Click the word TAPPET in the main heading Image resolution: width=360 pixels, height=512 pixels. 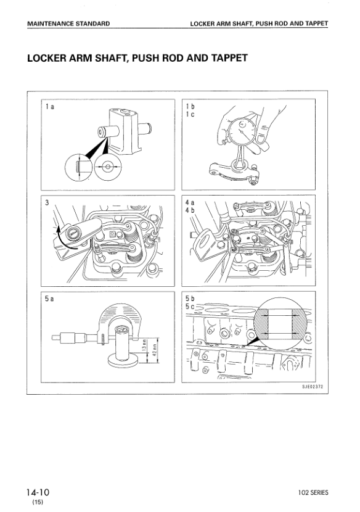tap(229, 58)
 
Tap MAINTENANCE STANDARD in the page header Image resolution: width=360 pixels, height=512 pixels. tap(68, 24)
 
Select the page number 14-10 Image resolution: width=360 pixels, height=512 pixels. tap(38, 492)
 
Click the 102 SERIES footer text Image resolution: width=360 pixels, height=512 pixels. tap(313, 493)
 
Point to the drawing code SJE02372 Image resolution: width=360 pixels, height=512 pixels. tap(313, 387)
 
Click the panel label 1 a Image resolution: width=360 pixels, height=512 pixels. tap(49, 107)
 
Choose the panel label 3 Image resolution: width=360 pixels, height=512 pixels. tap(47, 203)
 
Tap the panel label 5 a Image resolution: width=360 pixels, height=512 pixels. tap(49, 299)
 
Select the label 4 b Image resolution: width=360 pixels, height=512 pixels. tap(190, 210)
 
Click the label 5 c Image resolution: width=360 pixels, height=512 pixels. tap(190, 307)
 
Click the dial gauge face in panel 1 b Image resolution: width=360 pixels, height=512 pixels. tap(242, 131)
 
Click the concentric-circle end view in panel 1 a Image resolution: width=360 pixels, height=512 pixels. tap(108, 167)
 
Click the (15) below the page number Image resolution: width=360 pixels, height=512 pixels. tap(38, 502)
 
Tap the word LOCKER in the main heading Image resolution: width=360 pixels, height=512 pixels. tap(45, 58)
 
